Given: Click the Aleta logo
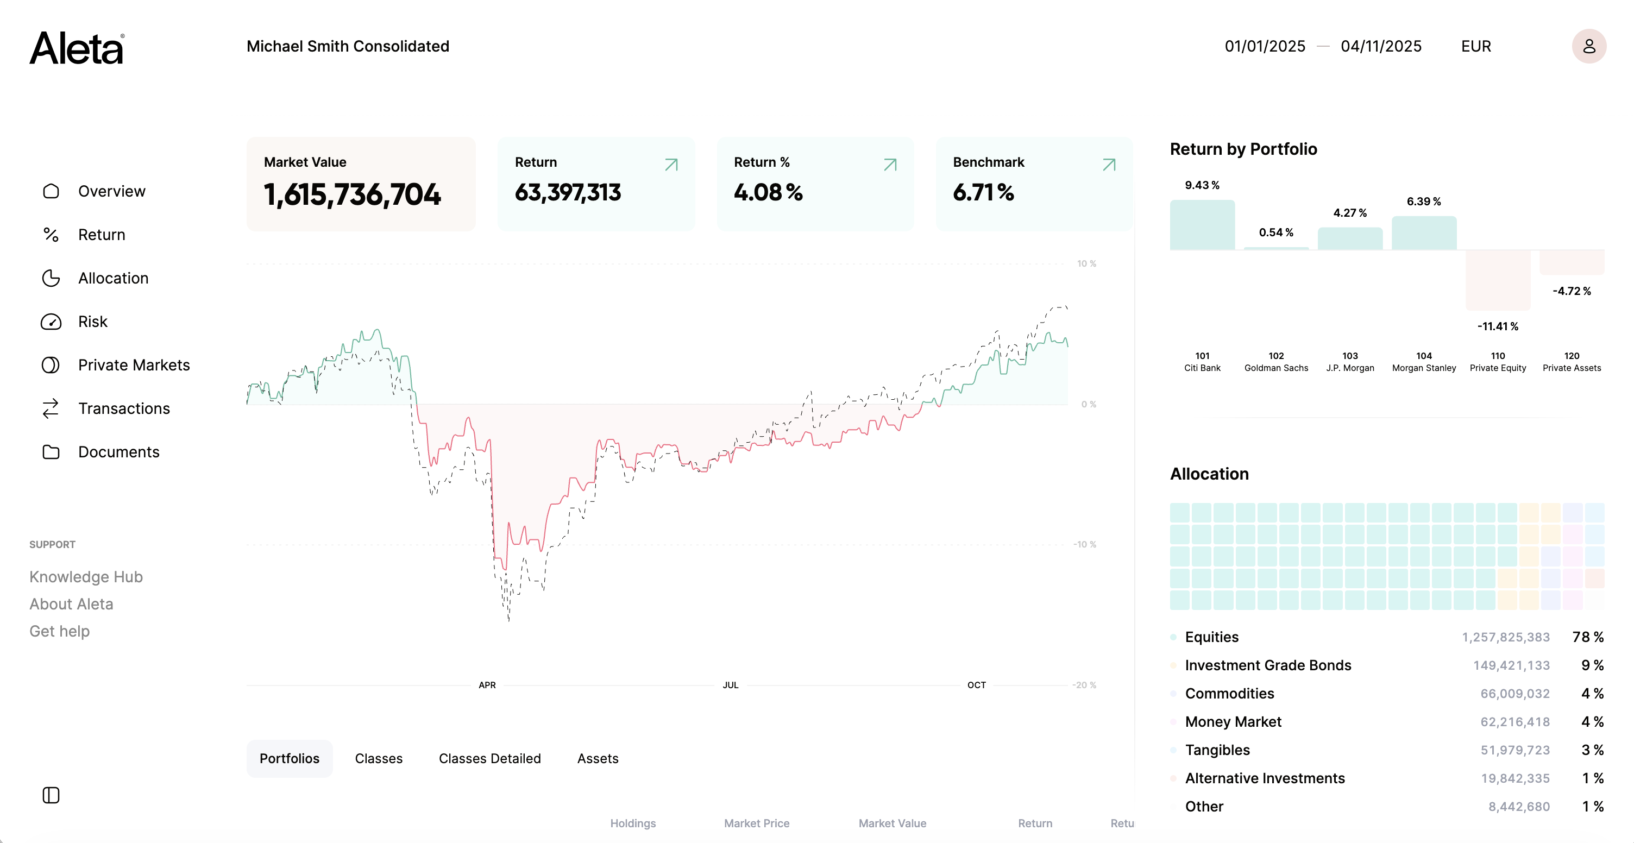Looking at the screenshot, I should (77, 48).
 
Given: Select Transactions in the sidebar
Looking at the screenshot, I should (124, 408).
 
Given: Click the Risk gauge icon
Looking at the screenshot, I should (51, 322).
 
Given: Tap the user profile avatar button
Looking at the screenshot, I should (1588, 46).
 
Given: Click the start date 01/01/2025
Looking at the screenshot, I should (1264, 46).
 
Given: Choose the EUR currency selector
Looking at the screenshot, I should (1475, 46).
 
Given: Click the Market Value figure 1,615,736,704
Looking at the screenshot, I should (352, 194).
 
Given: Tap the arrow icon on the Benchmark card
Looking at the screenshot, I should (1109, 165).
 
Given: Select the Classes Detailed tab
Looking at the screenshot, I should (489, 759).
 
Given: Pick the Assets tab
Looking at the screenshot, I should (598, 759).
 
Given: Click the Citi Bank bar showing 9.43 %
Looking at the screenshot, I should (1202, 225).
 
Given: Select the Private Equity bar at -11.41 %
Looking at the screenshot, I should (1498, 280).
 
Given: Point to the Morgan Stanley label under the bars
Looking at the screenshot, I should (1424, 368).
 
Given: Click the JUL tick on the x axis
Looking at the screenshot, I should (730, 685).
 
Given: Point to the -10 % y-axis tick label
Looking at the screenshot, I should (1084, 544).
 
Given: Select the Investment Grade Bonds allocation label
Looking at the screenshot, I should (1268, 665).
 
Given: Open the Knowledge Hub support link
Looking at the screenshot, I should (86, 577).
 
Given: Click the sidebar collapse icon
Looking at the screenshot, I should (51, 795).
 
